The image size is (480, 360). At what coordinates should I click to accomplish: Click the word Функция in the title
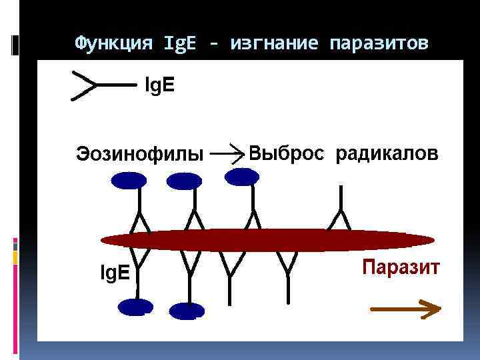click(x=112, y=44)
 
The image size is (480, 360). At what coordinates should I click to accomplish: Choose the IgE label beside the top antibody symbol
click(x=161, y=85)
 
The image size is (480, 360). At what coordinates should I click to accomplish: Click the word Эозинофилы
click(x=140, y=155)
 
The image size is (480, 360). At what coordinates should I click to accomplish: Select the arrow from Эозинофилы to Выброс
click(x=229, y=153)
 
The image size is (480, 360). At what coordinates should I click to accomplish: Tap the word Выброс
click(x=287, y=154)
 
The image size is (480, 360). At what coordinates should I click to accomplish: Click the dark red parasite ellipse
click(x=267, y=240)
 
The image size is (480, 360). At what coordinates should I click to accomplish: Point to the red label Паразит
click(x=401, y=268)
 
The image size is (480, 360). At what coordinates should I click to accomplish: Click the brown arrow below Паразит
click(x=405, y=308)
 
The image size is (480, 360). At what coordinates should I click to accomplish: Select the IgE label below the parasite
click(x=115, y=273)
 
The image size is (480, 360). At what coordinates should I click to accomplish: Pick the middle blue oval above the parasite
click(x=184, y=181)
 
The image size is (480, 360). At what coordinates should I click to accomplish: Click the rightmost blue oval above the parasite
click(x=242, y=176)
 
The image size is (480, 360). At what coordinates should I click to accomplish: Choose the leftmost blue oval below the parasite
click(x=135, y=307)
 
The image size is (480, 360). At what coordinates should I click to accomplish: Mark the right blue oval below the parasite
click(x=187, y=310)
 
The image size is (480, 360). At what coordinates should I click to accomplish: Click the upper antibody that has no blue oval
click(x=341, y=210)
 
